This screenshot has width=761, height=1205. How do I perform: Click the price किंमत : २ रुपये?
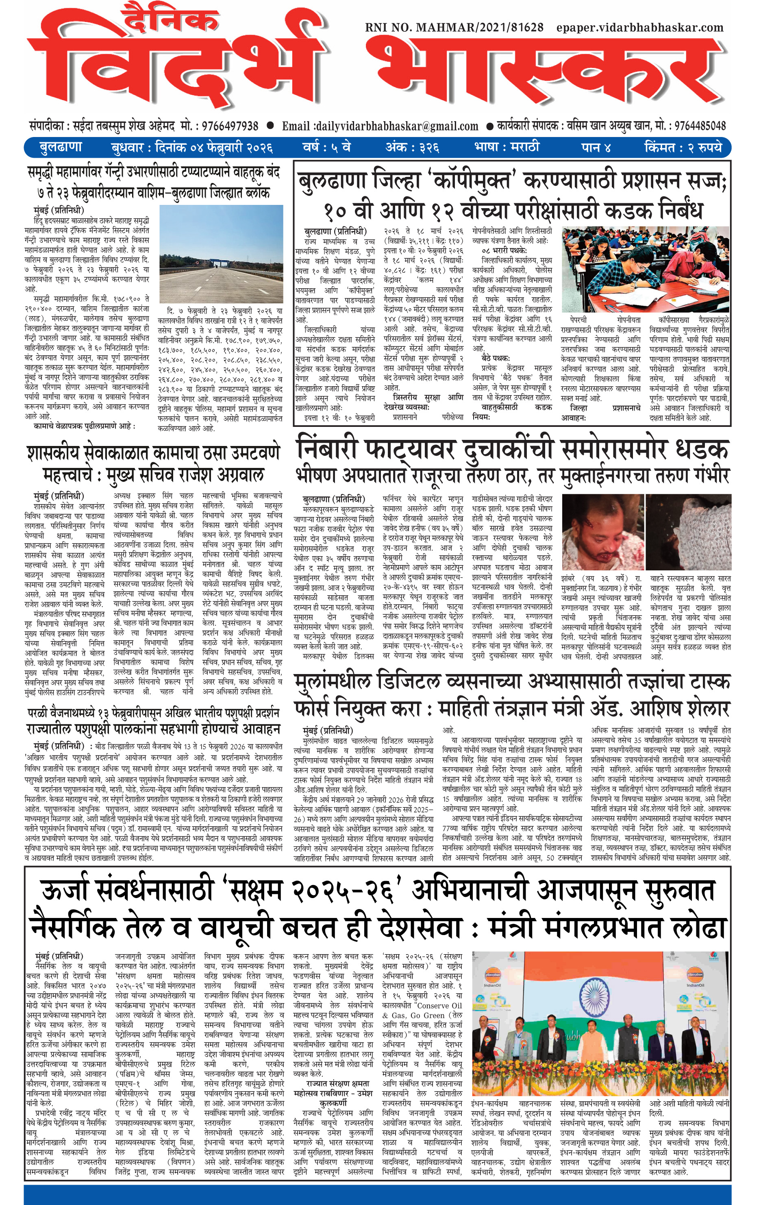683,148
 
